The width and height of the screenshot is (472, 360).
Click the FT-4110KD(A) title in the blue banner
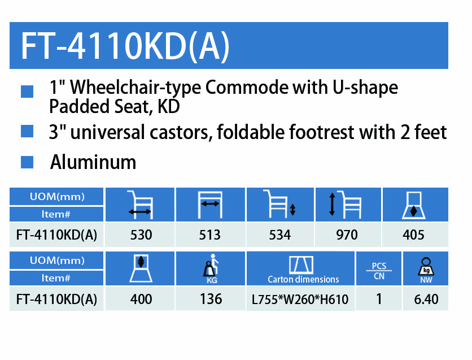125,46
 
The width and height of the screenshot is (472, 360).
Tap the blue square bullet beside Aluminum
27,162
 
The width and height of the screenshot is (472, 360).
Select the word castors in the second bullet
180,132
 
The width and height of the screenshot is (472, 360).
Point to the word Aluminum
93,162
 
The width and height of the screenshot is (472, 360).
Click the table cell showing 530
141,235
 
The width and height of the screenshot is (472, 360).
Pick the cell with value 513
210,235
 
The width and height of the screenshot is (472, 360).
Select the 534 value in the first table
280,235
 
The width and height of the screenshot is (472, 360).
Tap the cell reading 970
347,235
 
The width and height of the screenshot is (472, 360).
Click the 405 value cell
413,235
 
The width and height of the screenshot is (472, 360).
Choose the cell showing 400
141,299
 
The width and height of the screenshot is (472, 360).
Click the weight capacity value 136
211,299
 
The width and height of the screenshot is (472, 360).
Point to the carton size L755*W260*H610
300,300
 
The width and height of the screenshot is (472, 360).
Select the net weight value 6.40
426,299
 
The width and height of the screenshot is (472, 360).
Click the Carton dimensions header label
303,279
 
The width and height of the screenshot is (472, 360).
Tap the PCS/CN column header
379,271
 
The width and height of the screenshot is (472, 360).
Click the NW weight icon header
426,270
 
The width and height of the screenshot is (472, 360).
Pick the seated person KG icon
211,268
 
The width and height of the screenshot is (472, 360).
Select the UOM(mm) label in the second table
57,261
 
